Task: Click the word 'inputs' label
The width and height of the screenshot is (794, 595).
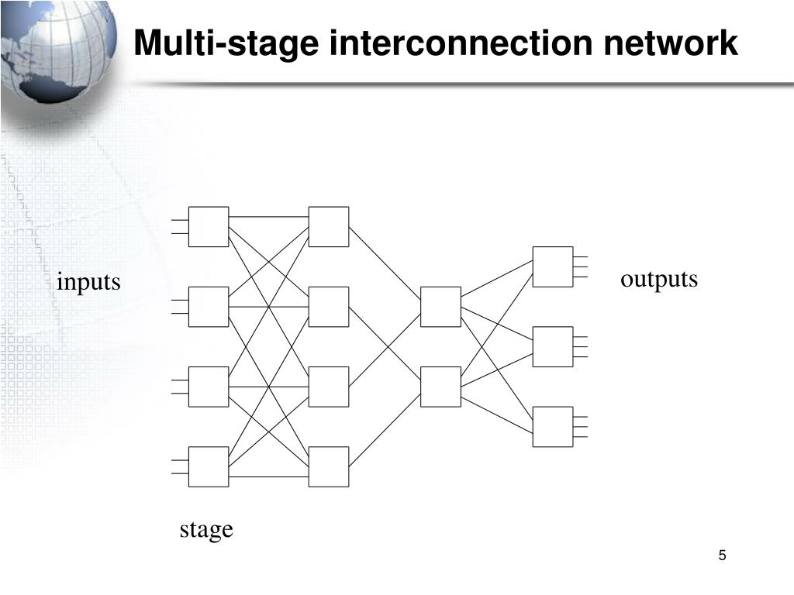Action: (x=88, y=282)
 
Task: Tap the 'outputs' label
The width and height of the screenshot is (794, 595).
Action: (x=659, y=279)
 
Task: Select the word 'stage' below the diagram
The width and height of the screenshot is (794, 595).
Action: (x=206, y=529)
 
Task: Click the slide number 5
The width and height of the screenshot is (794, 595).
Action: (x=723, y=555)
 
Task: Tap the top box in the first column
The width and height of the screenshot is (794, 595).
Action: (x=209, y=227)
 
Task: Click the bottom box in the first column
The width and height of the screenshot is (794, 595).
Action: (x=209, y=466)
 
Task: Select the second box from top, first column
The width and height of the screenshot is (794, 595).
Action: (x=209, y=307)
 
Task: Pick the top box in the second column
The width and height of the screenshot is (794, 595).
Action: (x=329, y=227)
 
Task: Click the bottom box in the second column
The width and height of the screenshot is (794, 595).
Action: (x=329, y=466)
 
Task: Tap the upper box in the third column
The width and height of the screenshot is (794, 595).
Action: (x=440, y=307)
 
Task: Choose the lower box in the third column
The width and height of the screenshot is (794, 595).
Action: (x=440, y=387)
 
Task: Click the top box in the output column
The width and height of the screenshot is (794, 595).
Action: (x=553, y=267)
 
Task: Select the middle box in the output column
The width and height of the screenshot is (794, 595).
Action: (x=553, y=346)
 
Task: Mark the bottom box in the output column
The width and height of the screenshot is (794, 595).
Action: (x=553, y=427)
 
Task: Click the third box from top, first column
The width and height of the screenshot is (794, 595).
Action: (x=209, y=387)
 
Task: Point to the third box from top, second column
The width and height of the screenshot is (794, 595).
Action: (x=329, y=387)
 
